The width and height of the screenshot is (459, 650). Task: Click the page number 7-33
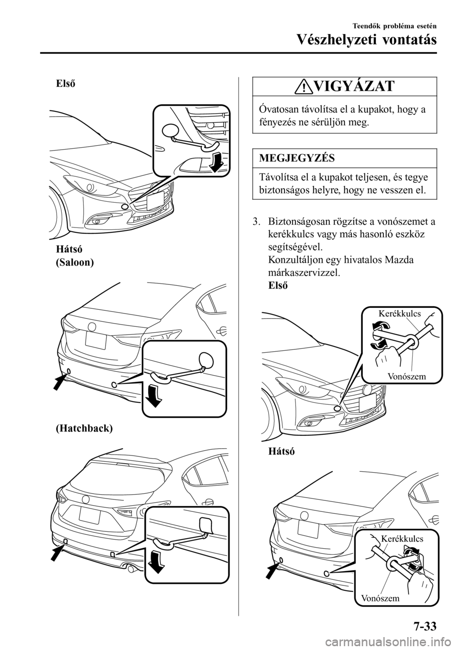421,625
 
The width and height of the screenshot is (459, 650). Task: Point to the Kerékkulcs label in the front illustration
399,314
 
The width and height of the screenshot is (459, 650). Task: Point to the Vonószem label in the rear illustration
380,597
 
